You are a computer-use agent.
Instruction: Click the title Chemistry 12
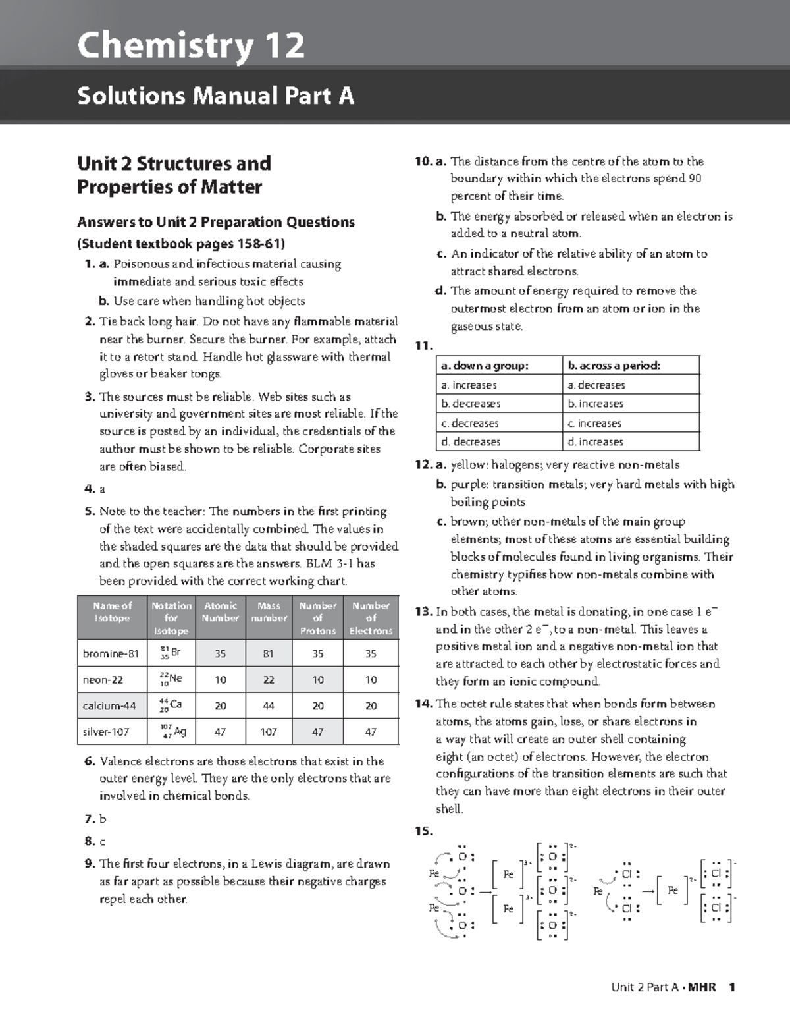tap(191, 46)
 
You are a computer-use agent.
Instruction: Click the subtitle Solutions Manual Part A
tap(215, 96)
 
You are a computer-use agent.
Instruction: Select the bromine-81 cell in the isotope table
tap(111, 653)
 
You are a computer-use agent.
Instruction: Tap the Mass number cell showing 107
tap(269, 731)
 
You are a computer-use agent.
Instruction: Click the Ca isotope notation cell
tap(171, 705)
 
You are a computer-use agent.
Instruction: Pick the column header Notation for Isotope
tap(171, 618)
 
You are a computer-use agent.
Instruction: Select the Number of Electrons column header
tap(371, 618)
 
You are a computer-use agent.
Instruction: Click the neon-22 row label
tap(103, 679)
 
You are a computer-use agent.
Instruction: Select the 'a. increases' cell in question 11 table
tap(469, 385)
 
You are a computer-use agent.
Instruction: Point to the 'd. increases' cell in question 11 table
tap(595, 441)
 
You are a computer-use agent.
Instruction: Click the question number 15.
tap(423, 831)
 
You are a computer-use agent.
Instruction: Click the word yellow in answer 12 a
tap(466, 465)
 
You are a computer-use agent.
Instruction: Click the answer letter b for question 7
tap(102, 819)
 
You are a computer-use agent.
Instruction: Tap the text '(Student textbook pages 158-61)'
tap(181, 244)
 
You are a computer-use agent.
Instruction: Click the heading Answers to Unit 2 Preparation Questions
tap(216, 222)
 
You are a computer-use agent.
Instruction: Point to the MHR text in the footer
tap(702, 987)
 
